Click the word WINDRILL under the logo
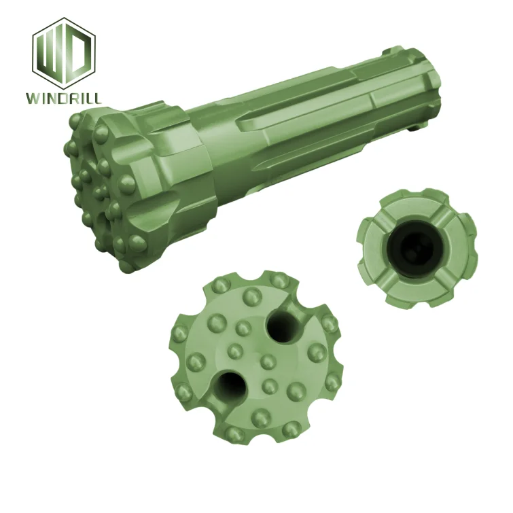coord(65,99)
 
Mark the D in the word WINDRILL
coord(63,99)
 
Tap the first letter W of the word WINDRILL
coord(33,99)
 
